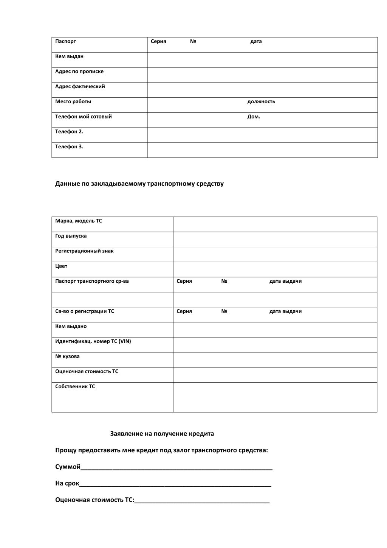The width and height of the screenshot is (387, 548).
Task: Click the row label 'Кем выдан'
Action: tap(69, 56)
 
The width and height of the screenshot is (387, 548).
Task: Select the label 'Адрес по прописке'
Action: tap(79, 72)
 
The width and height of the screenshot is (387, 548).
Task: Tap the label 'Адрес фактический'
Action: tap(80, 87)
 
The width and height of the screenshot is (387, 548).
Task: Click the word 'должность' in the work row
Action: tap(261, 101)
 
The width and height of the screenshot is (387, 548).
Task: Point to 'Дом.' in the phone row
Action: tap(254, 117)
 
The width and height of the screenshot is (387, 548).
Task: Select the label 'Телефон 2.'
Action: tap(69, 132)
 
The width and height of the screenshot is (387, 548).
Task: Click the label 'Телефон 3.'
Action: tap(69, 147)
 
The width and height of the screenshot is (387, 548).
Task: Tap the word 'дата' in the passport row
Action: tap(256, 41)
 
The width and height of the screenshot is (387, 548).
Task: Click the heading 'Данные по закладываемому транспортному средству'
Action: tap(139, 184)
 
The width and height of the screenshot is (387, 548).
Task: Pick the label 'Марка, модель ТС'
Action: tap(79, 221)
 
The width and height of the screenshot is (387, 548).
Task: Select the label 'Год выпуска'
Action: tap(71, 236)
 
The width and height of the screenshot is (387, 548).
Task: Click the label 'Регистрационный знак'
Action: tap(84, 251)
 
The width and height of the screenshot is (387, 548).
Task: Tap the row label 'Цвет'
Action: tap(61, 266)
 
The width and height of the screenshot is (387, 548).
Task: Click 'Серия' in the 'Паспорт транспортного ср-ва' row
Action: tap(184, 281)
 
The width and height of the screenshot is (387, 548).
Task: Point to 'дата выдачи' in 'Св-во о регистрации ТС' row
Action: tap(285, 311)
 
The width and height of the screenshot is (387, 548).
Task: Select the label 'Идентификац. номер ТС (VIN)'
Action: tap(93, 341)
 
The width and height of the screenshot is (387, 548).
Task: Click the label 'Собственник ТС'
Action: tap(75, 386)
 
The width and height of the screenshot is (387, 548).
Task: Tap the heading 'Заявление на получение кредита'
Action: tap(162, 434)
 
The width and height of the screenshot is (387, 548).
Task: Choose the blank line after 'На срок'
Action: tap(175, 484)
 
